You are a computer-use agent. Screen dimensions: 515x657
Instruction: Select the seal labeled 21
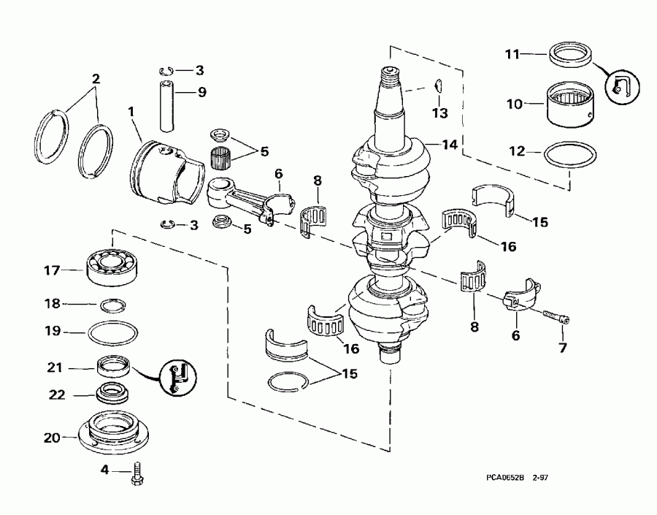coord(115,364)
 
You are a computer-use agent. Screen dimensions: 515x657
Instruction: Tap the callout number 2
coord(94,77)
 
